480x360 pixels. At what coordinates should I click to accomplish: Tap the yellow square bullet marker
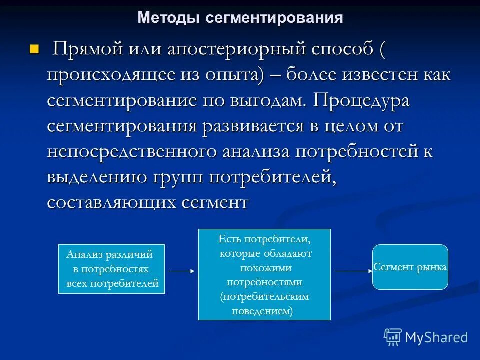tap(34, 49)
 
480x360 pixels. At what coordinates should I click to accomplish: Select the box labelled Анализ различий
tap(111, 269)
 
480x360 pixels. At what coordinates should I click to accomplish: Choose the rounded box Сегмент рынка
tap(410, 267)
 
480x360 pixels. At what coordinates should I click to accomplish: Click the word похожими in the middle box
tap(264, 267)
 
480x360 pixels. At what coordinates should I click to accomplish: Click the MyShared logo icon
tap(393, 337)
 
